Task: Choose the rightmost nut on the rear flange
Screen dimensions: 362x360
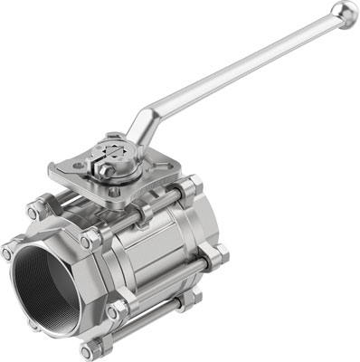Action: coord(221,256)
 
